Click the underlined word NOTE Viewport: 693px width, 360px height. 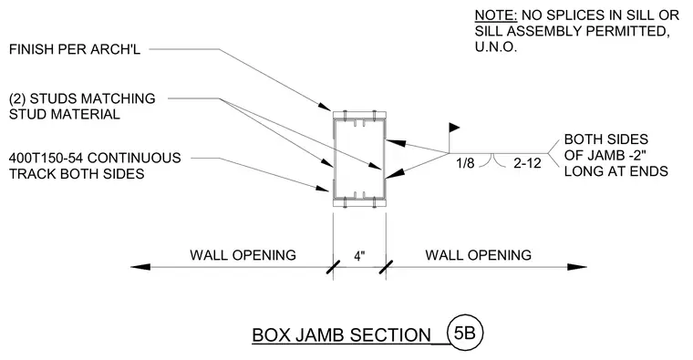pos(496,15)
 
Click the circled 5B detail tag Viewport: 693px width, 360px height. pos(465,333)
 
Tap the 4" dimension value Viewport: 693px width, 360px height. pos(360,256)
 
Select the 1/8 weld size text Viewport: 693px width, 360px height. pos(465,163)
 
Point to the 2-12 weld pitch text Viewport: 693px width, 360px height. pos(527,163)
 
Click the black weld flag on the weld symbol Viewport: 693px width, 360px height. pos(454,128)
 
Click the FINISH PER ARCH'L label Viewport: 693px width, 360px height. pos(75,49)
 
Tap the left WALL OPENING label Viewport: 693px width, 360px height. pos(243,255)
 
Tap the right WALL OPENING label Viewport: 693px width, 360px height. pos(478,255)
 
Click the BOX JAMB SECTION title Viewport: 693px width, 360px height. pos(341,334)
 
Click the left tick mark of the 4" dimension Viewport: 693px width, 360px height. pos(333,267)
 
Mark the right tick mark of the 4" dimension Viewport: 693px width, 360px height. pos(386,267)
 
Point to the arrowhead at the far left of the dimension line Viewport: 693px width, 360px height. pos(140,267)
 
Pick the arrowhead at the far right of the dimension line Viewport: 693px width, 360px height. pos(577,267)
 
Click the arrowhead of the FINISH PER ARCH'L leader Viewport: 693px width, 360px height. pos(325,107)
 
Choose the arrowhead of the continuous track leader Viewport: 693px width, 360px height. pos(323,188)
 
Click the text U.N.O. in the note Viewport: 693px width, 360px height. pos(496,47)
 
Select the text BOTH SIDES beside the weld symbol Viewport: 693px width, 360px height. pos(606,139)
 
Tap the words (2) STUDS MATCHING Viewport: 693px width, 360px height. pos(82,98)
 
